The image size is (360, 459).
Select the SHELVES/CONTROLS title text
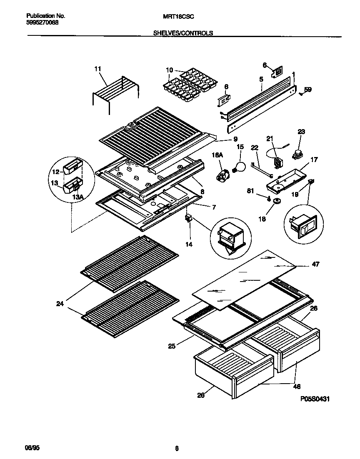(183, 32)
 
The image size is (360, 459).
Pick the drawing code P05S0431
(315, 399)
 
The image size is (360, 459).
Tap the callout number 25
(172, 345)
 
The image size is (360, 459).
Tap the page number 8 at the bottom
(177, 448)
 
